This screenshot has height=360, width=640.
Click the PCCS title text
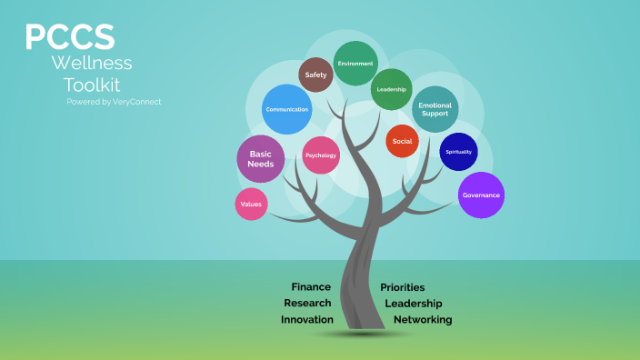(x=70, y=37)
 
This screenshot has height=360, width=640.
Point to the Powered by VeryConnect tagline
(x=114, y=102)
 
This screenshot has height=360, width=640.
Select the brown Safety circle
(x=316, y=75)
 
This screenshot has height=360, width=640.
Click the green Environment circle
(x=355, y=64)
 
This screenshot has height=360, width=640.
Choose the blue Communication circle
(x=286, y=109)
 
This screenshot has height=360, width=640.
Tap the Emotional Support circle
(x=435, y=109)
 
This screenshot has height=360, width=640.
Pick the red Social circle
(x=402, y=141)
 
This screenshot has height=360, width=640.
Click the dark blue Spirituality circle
(x=458, y=152)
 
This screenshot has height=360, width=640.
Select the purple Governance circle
(x=481, y=195)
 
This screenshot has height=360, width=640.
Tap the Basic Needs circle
(x=261, y=158)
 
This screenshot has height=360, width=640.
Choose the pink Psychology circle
(x=321, y=155)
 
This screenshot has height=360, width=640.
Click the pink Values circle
(x=252, y=205)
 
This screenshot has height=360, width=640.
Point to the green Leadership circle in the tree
(x=392, y=89)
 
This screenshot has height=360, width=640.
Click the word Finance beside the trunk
(x=311, y=287)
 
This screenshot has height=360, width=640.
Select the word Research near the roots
(x=307, y=303)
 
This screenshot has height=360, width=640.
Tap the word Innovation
(x=307, y=320)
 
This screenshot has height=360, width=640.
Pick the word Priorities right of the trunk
(x=403, y=287)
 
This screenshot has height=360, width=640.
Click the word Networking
(x=423, y=320)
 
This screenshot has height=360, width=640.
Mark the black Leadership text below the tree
(x=414, y=303)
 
